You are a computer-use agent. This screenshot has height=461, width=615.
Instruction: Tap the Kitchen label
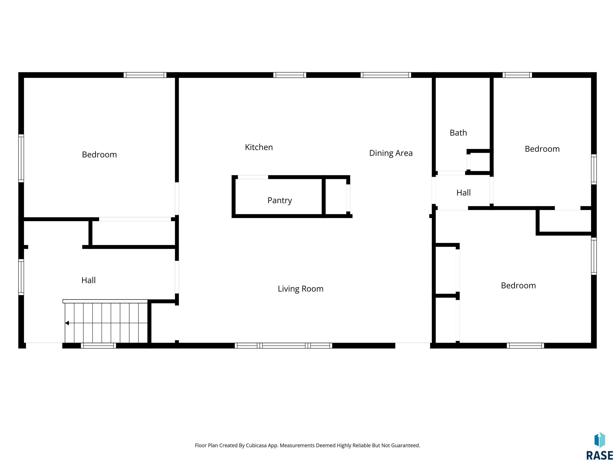[259, 147]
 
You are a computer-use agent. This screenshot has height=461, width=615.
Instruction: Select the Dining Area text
[391, 153]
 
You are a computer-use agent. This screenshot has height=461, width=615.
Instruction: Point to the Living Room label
[300, 289]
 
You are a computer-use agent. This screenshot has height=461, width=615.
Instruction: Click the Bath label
[458, 133]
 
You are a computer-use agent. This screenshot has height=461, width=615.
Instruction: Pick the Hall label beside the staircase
[88, 280]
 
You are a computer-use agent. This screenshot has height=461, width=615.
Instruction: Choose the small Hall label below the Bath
[463, 192]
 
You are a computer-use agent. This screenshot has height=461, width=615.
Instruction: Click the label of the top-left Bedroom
[99, 154]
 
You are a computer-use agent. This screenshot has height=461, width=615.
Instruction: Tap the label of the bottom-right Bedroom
[518, 285]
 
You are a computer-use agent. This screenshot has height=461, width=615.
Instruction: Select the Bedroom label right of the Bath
[542, 149]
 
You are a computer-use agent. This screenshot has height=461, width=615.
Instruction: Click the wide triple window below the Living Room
[283, 346]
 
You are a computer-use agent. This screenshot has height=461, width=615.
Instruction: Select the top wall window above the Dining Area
[386, 75]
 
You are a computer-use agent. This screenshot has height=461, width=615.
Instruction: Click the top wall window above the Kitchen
[290, 75]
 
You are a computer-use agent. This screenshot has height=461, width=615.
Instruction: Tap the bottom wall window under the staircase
[98, 346]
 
